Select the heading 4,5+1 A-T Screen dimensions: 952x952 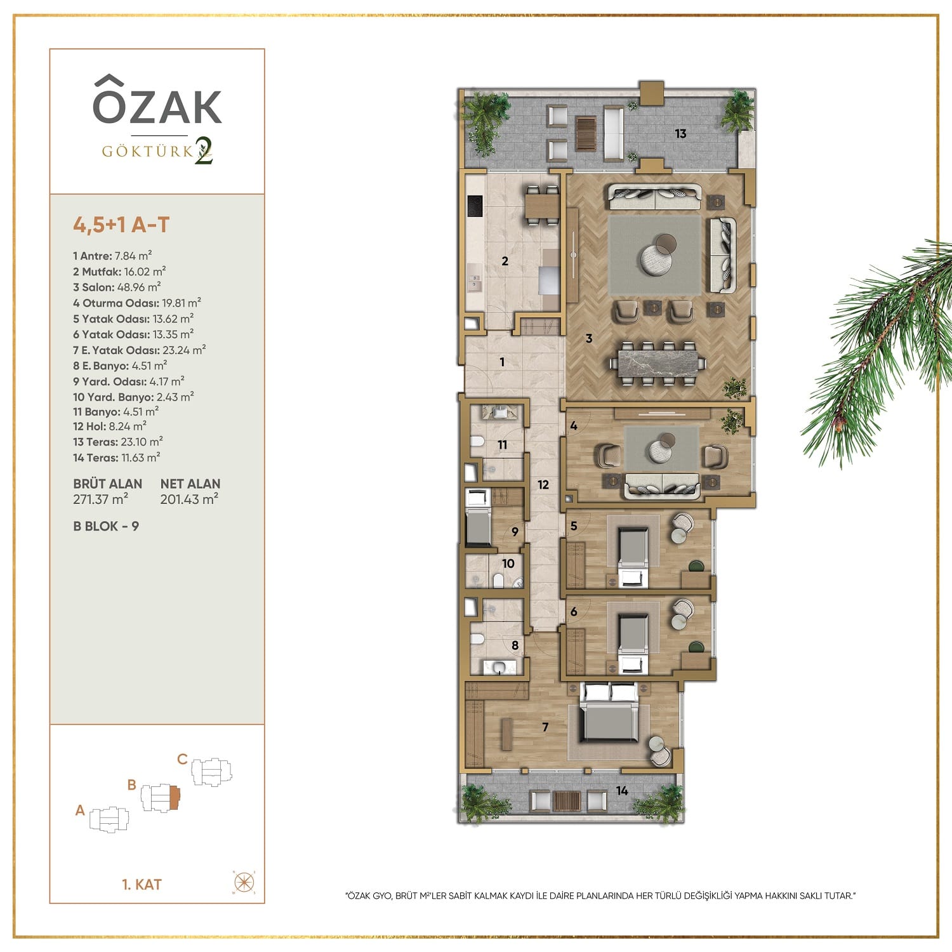121,225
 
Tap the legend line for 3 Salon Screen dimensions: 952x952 117,287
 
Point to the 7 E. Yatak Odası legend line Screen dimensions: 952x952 139,350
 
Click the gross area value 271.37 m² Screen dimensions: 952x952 100,499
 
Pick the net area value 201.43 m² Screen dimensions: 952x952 189,499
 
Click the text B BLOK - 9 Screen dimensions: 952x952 106,526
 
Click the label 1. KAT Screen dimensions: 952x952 142,884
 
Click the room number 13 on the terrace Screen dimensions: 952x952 680,133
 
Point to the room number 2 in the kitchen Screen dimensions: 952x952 505,261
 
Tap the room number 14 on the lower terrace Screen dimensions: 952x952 622,790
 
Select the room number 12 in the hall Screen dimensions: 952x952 543,485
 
